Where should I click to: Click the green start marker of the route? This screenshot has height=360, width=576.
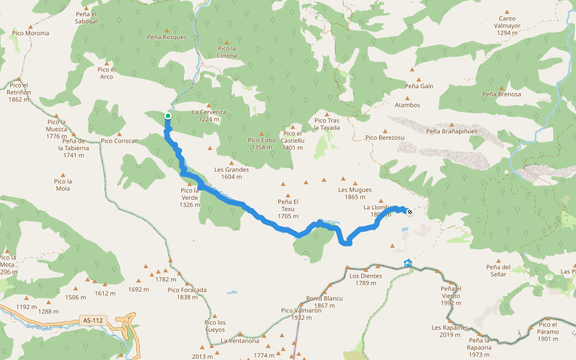coord(168,116)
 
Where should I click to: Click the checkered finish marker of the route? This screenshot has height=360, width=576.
coord(410,211)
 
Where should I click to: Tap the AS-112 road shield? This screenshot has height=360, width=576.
coord(92,321)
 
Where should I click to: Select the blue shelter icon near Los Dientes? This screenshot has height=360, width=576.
coord(409,263)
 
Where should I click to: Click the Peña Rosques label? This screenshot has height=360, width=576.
coord(167,37)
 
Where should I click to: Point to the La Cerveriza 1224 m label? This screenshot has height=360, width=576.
coord(209,116)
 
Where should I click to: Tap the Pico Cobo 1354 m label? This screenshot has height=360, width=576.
coord(262,144)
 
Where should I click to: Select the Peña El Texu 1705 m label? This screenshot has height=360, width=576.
coord(288,209)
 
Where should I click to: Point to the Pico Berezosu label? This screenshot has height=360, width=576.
coord(385,137)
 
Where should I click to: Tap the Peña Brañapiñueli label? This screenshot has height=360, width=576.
coord(451,131)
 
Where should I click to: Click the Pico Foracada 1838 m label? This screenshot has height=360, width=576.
coord(187,293)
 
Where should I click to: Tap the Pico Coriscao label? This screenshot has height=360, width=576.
coord(119,141)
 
